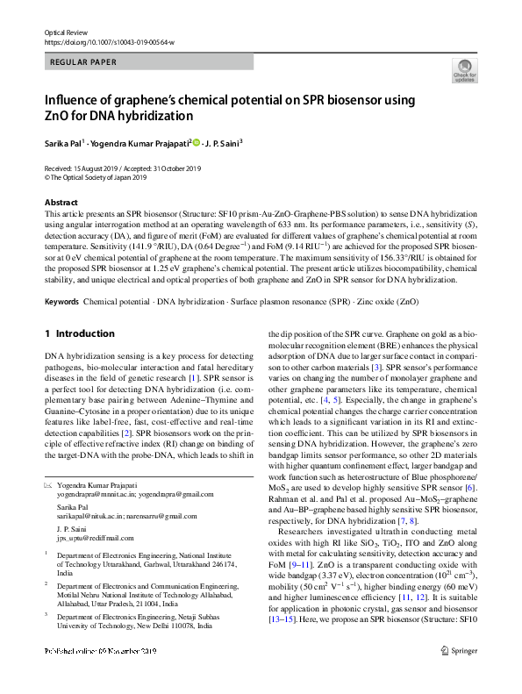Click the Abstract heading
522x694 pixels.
61,203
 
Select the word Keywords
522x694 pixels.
62,302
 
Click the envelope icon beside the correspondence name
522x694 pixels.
48,485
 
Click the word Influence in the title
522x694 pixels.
80,99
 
